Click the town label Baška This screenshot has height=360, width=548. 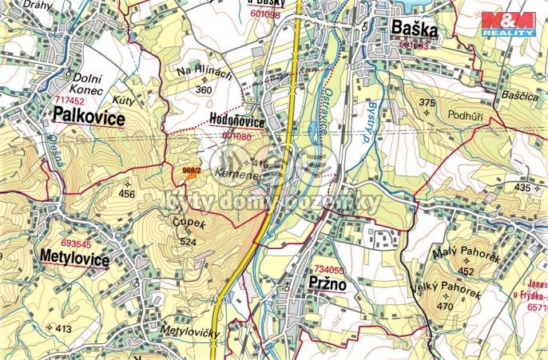[x=415, y=30]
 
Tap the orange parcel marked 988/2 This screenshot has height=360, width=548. [x=190, y=173]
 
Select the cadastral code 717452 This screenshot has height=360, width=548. [x=69, y=102]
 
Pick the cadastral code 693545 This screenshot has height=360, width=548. [x=76, y=243]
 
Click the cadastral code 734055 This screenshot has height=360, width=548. [x=330, y=270]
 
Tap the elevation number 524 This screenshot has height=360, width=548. [x=189, y=241]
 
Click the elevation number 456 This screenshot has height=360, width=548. [x=127, y=194]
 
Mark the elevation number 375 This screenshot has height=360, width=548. [x=427, y=102]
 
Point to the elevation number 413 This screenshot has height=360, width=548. [x=64, y=328]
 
